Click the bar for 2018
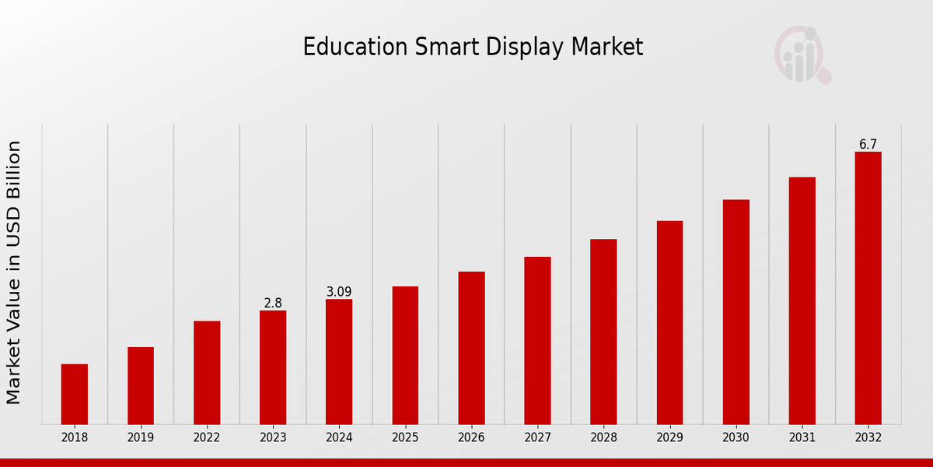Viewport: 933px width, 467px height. tap(75, 394)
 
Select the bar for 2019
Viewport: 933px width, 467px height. tap(141, 385)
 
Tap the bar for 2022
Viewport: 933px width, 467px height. tap(207, 372)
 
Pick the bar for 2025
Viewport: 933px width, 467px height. tap(405, 355)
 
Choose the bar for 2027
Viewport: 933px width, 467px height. tap(537, 340)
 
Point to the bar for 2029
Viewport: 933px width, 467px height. tap(669, 322)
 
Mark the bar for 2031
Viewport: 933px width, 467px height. tap(802, 300)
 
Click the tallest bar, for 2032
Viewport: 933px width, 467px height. tap(868, 288)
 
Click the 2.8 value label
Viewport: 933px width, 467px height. tap(273, 304)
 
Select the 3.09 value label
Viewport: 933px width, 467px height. tap(339, 292)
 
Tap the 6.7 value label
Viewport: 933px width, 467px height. tap(868, 145)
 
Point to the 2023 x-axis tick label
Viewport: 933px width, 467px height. tap(273, 438)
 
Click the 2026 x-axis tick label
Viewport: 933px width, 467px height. tap(471, 438)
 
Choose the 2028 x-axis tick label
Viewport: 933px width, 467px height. tap(603, 438)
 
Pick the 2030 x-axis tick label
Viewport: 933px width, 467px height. tap(736, 438)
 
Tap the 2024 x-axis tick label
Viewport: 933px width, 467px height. tap(339, 438)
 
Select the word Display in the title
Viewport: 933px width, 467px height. tap(526, 47)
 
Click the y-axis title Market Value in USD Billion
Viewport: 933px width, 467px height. tap(14, 272)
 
